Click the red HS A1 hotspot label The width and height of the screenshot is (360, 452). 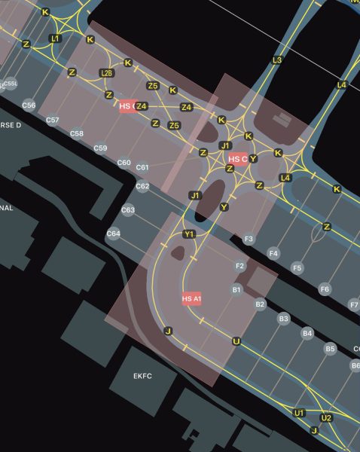(x=192, y=299)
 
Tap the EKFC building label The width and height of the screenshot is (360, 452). (x=143, y=376)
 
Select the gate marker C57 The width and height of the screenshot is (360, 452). (x=53, y=121)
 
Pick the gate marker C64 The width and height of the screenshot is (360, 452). (x=114, y=234)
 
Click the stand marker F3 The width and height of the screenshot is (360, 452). (x=249, y=239)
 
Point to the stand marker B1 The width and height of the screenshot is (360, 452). (x=236, y=289)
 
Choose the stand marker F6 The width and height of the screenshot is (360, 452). (x=325, y=289)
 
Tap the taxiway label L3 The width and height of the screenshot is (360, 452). (x=277, y=60)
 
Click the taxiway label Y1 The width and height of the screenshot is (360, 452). (x=189, y=234)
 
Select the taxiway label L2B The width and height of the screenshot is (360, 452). (x=107, y=73)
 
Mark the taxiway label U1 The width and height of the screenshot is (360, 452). (x=299, y=413)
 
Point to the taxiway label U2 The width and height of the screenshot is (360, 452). (x=326, y=417)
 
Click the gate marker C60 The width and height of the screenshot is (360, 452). (x=124, y=163)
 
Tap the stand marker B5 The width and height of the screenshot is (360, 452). (x=330, y=349)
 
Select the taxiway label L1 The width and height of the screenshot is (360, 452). (x=55, y=38)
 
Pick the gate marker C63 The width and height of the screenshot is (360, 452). (x=128, y=210)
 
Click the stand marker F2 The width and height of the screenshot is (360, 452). (x=240, y=267)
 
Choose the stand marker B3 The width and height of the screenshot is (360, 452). (x=283, y=319)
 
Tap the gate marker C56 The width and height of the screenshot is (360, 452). (x=29, y=105)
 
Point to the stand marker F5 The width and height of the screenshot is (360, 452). (x=297, y=268)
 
